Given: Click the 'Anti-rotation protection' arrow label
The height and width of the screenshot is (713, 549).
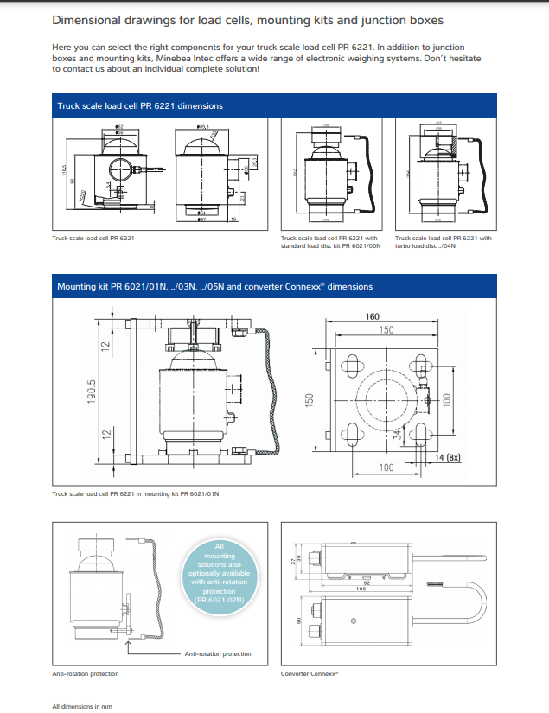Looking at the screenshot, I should tap(218, 653).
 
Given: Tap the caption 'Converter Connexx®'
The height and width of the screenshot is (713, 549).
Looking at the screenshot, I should tap(310, 673).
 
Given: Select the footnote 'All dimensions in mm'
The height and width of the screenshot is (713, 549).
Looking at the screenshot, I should tap(82, 707).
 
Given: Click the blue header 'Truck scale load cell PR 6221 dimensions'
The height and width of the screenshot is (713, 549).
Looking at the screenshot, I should tap(140, 105).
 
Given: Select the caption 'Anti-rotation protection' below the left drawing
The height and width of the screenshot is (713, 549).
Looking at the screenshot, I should tap(86, 673).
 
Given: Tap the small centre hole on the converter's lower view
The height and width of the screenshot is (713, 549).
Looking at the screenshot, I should tap(352, 621).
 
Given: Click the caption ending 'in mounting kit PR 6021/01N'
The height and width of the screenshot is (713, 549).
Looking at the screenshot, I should tap(136, 494).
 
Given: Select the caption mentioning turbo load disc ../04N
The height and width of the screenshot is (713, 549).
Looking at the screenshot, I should tap(443, 242).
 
